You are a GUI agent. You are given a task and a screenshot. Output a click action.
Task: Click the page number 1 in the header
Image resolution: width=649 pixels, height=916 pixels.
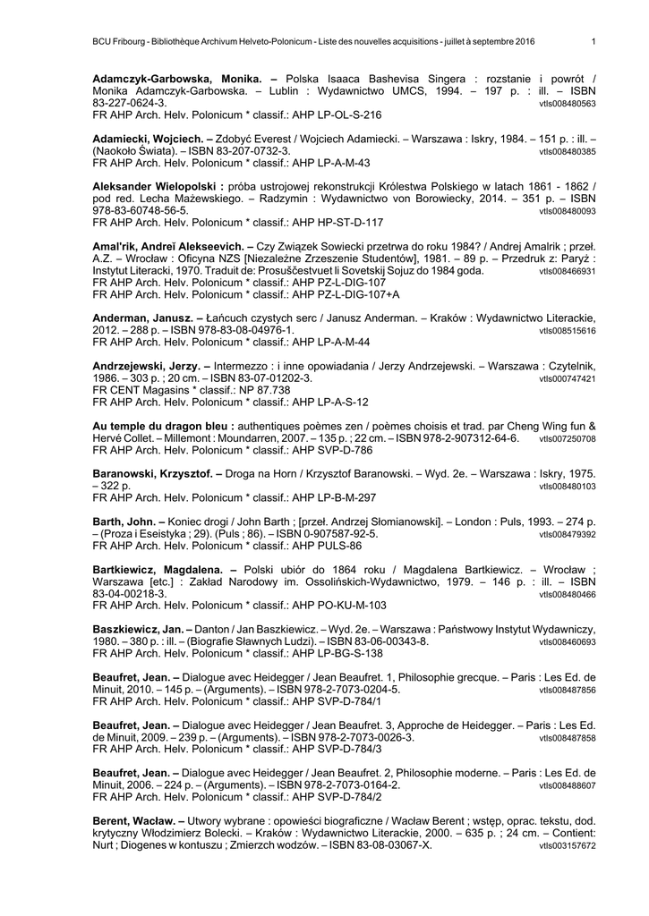coord(593,41)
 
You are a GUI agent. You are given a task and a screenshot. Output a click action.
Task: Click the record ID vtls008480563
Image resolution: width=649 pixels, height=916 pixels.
coord(568,105)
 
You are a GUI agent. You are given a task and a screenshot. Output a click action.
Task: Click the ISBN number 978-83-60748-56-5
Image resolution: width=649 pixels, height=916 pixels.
coord(141,210)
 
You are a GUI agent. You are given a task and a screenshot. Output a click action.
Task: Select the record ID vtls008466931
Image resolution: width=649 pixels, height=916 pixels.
coord(568,271)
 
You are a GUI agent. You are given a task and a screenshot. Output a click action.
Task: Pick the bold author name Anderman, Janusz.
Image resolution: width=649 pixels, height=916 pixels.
coord(142,318)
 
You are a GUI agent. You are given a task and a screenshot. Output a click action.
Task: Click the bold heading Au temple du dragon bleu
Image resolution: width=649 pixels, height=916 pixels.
coord(163,427)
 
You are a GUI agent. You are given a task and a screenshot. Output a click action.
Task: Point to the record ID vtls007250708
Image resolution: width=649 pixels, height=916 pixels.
coord(568,440)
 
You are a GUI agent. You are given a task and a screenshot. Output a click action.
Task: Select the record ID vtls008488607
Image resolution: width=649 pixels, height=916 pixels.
coord(568,785)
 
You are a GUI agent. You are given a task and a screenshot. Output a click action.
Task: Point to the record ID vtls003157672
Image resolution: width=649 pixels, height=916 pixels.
coord(568,846)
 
